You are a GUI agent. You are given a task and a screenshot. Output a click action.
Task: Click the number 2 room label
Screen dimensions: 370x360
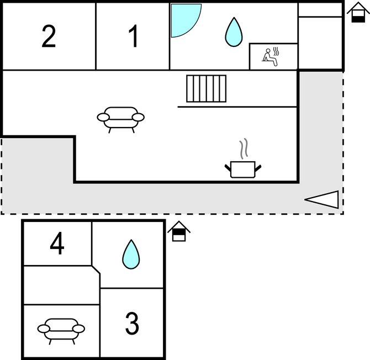pyautogui.click(x=49, y=36)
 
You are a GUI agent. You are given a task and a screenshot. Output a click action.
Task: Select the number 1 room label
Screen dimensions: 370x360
pyautogui.click(x=133, y=36)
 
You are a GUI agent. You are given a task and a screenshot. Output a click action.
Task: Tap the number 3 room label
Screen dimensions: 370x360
pyautogui.click(x=132, y=323)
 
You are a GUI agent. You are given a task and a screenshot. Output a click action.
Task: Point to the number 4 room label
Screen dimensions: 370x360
pyautogui.click(x=57, y=243)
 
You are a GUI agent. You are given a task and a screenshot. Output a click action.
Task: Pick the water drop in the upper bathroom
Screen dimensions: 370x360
pyautogui.click(x=234, y=32)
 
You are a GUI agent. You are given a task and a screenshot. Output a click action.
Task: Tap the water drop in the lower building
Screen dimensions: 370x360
pyautogui.click(x=131, y=255)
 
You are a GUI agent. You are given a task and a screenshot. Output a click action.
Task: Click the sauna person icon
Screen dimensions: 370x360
pyautogui.click(x=269, y=57)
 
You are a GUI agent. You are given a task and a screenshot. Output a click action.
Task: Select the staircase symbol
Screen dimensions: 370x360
pyautogui.click(x=206, y=88)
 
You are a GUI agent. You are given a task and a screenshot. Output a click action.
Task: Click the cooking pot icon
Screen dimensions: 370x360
pyautogui.click(x=243, y=170)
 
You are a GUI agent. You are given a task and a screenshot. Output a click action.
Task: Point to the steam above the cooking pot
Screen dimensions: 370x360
pyautogui.click(x=244, y=149)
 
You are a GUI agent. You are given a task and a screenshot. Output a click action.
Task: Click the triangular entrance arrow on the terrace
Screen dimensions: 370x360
pyautogui.click(x=321, y=200)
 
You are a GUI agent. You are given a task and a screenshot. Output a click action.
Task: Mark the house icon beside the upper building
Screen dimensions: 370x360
pyautogui.click(x=358, y=13)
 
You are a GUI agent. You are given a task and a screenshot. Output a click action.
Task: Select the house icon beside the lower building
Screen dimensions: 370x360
pyautogui.click(x=179, y=231)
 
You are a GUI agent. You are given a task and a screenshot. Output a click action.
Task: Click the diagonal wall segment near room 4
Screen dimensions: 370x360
pyautogui.click(x=96, y=269)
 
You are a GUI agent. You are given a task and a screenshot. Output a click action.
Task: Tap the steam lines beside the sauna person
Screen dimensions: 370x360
pyautogui.click(x=276, y=51)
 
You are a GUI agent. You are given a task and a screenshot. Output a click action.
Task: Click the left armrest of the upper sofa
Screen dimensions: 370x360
pyautogui.click(x=103, y=117)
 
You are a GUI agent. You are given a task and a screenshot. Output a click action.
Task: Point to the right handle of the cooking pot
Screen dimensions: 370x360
pyautogui.click(x=258, y=168)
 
